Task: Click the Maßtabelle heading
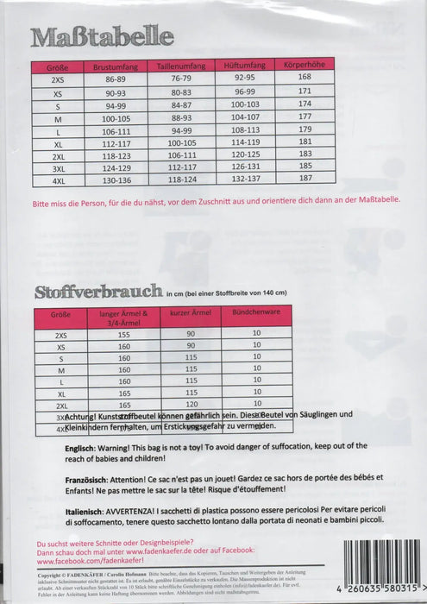click(103, 37)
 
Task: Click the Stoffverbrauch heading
click(98, 291)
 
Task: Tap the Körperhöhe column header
click(305, 65)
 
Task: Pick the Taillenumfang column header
click(179, 65)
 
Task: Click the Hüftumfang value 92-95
click(244, 77)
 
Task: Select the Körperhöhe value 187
click(305, 178)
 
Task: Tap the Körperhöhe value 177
click(305, 115)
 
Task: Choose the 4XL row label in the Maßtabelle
click(59, 179)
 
